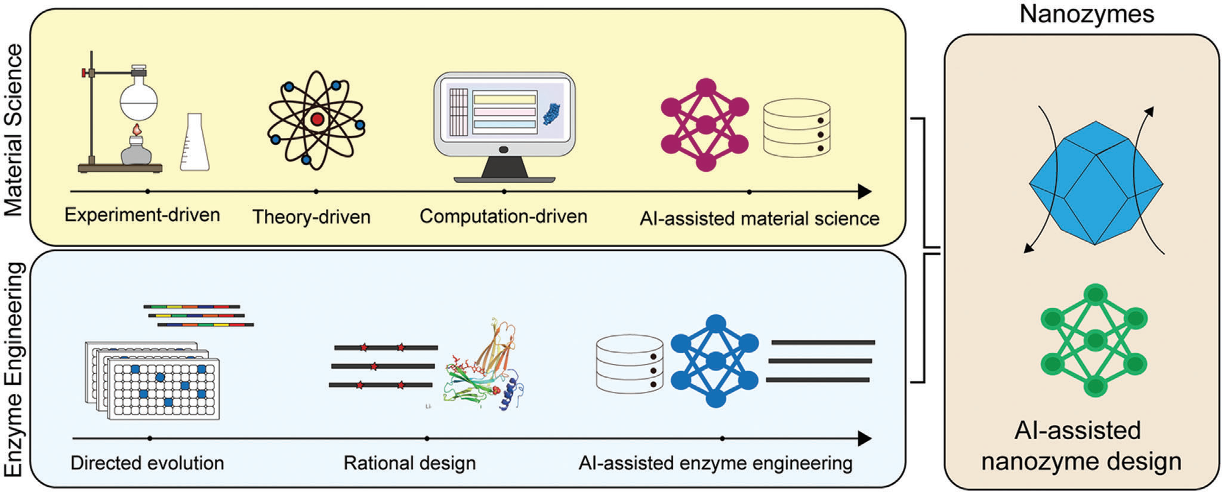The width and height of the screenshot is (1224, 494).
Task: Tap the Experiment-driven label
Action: click(x=142, y=215)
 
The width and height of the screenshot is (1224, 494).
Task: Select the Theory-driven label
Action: click(x=311, y=216)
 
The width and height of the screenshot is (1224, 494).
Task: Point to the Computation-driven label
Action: click(x=503, y=216)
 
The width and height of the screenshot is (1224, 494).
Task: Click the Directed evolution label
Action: click(x=147, y=463)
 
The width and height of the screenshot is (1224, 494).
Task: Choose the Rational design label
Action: click(x=409, y=463)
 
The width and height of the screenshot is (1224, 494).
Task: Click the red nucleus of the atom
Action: click(x=317, y=119)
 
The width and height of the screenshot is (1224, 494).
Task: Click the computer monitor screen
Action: click(x=504, y=114)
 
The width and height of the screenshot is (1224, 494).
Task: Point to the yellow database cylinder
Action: click(x=797, y=128)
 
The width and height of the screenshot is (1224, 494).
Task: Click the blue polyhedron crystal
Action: click(x=1096, y=183)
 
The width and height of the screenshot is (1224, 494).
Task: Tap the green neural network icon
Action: click(x=1094, y=340)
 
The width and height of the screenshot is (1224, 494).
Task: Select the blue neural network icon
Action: click(x=715, y=362)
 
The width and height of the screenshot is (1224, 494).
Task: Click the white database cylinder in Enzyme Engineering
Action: click(x=630, y=364)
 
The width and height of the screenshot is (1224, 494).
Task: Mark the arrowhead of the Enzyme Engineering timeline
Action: click(x=865, y=439)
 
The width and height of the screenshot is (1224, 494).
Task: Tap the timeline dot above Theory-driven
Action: click(x=316, y=192)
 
